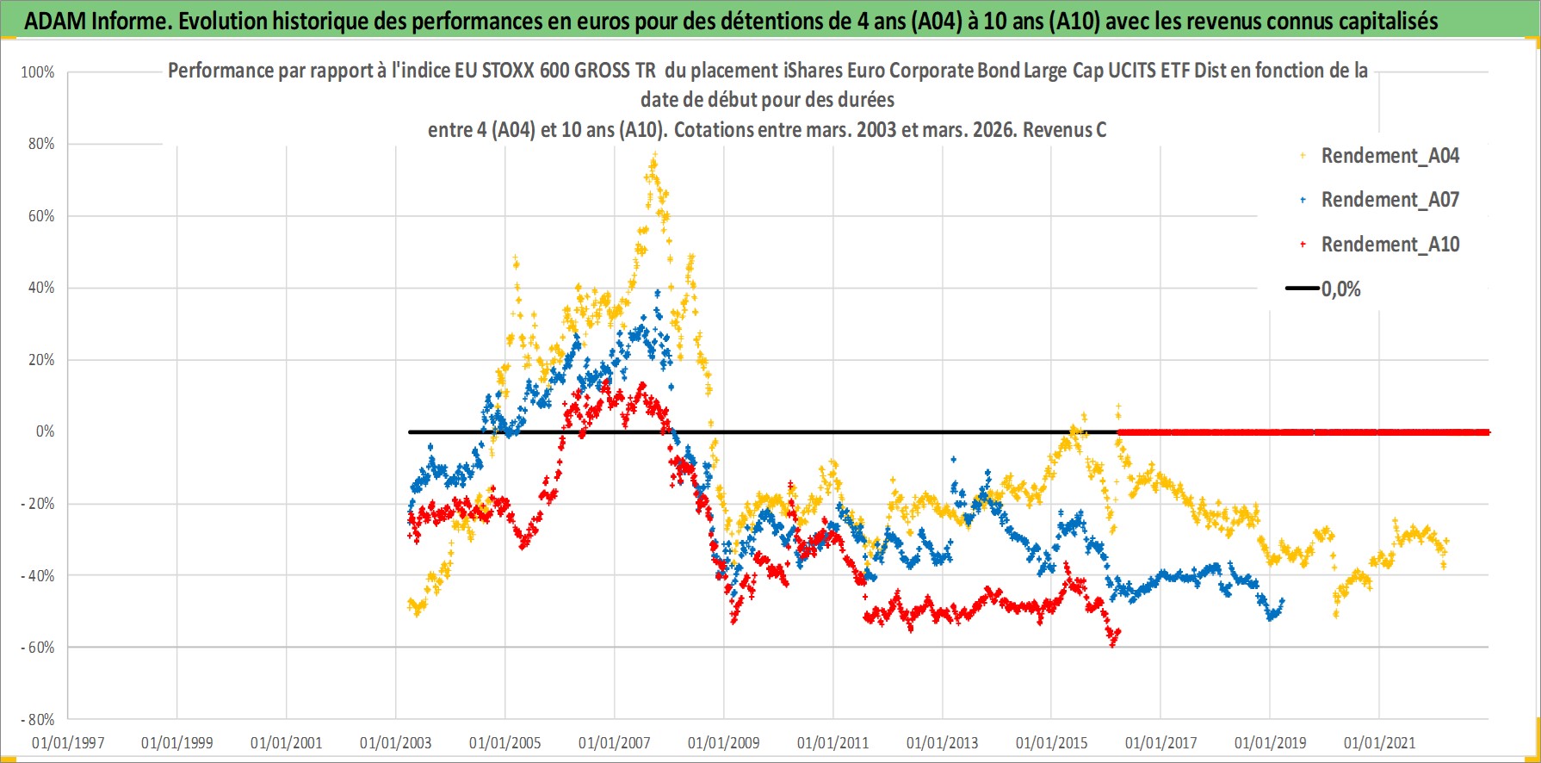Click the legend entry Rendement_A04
1389,156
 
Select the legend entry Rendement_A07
1389,200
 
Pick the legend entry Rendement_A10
1389,245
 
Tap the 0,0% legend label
1341,289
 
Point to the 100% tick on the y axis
38,72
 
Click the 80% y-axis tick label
41,144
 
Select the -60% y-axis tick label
38,648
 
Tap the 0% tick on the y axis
45,431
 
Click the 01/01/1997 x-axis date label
68,742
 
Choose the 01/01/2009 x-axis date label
724,742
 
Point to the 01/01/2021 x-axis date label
1379,742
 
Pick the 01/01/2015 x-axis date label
1051,742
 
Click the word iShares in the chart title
815,71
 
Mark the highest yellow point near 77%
654,155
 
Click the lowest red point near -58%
1112,643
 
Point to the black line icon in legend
1303,288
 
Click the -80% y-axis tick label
38,719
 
